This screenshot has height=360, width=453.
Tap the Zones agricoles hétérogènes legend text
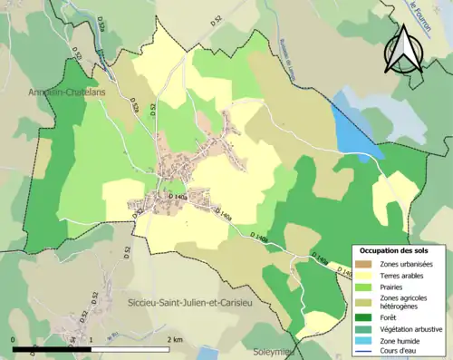(409, 302)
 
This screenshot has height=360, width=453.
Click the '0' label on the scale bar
(14, 340)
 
